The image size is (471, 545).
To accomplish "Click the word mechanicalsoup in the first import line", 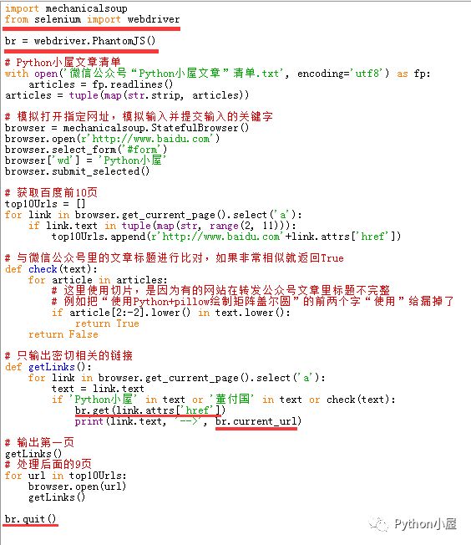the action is [x=87, y=8].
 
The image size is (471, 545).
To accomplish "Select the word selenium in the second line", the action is [x=58, y=19].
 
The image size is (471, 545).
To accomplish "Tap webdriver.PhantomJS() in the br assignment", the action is [x=94, y=41].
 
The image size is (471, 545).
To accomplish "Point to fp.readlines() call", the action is [x=132, y=84].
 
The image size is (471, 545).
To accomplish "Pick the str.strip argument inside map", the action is [x=155, y=95].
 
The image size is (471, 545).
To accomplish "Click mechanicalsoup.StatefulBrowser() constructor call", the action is [x=156, y=128].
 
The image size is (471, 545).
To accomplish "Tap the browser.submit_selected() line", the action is [x=77, y=171].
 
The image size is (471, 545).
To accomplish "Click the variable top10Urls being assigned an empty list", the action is [x=31, y=204].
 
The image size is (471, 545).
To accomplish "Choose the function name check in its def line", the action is [x=43, y=269].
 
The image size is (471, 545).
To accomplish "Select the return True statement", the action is [x=107, y=323].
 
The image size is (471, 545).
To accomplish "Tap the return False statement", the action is [x=63, y=334].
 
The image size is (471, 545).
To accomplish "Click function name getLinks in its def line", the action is [x=52, y=367].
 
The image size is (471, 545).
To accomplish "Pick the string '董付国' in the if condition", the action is [x=232, y=400].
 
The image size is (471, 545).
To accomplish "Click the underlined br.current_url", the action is [x=256, y=421].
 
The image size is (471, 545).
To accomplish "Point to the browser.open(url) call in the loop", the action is [x=77, y=486].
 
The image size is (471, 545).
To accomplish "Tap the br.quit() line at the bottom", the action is [x=31, y=519].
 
